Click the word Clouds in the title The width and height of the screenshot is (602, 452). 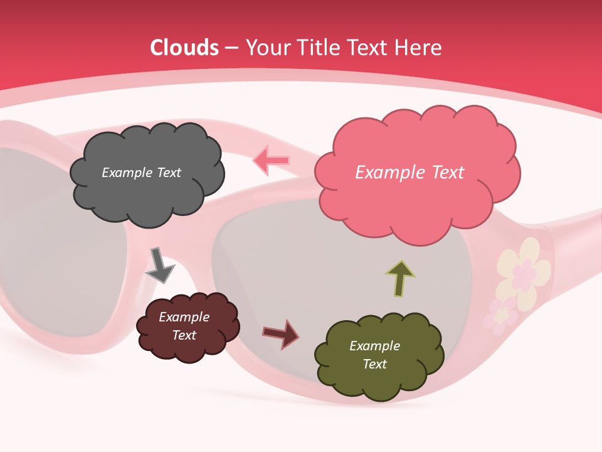coord(184,47)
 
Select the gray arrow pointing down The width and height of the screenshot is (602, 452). coord(159,265)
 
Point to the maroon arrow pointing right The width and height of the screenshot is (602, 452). coord(281,333)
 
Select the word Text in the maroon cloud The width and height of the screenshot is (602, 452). coord(184,335)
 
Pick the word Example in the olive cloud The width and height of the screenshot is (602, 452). coord(374,346)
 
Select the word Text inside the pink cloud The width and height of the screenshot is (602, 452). coord(448,173)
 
